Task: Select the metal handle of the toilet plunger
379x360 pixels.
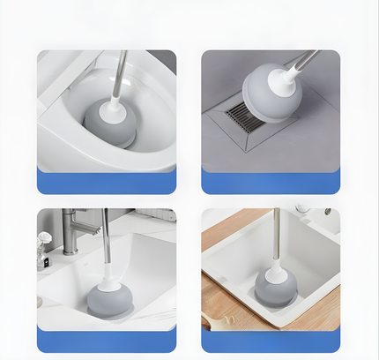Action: pos(121,75)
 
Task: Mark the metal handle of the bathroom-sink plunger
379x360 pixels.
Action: pos(106,234)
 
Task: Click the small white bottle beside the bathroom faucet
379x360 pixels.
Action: pos(44,249)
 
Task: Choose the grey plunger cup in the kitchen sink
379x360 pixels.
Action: pos(275,288)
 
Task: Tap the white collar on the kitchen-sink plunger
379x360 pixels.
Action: pos(275,266)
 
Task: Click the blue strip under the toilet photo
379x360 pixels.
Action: pos(106,182)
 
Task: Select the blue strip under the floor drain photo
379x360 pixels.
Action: pos(271,182)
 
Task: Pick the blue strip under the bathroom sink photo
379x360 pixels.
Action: pos(106,339)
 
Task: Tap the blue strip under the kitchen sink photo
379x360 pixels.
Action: pos(271,341)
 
